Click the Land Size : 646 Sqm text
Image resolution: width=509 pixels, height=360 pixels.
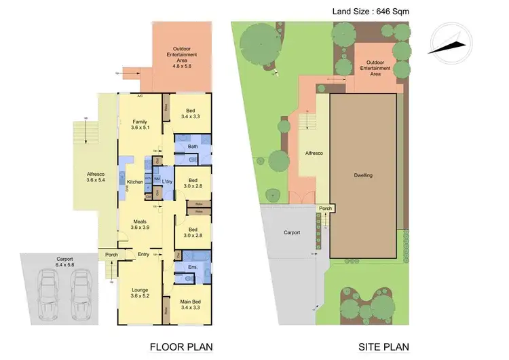click(370, 11)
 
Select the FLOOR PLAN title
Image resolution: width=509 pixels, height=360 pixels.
click(181, 346)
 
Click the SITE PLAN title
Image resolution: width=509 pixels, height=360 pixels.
click(383, 346)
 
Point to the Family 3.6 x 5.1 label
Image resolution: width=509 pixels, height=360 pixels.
click(140, 126)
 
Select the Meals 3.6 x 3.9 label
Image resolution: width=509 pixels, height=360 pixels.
click(140, 224)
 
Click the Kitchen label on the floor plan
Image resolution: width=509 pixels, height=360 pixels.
click(135, 181)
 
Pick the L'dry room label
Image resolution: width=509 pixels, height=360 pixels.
click(168, 181)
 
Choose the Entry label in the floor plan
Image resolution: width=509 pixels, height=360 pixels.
click(144, 255)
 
